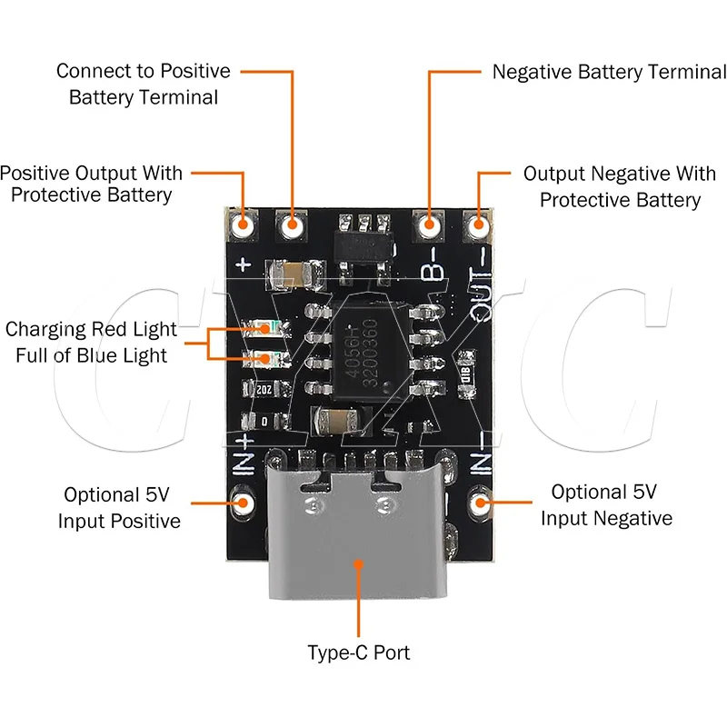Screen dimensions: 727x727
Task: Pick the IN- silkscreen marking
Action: (482, 453)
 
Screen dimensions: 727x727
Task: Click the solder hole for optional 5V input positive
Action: (244, 501)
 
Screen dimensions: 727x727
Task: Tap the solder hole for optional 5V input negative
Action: (481, 501)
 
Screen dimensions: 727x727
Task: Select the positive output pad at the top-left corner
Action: (243, 224)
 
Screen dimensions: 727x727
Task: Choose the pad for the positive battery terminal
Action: (292, 224)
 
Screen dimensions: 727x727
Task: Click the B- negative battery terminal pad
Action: (428, 223)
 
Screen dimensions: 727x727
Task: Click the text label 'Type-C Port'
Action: (358, 652)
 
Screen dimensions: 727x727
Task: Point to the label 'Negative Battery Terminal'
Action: (609, 72)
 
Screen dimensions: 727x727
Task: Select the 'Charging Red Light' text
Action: (91, 329)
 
